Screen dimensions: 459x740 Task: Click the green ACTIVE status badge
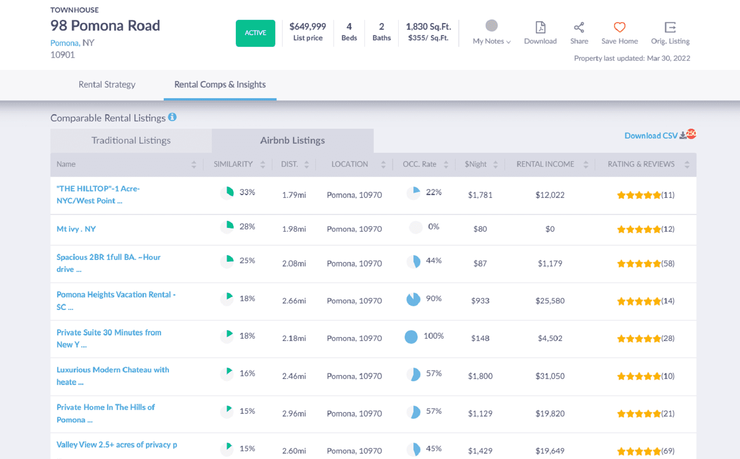tap(255, 33)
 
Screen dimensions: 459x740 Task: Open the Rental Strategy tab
tap(107, 84)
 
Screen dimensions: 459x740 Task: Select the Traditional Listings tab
tap(131, 140)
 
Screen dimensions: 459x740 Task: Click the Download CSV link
tap(651, 136)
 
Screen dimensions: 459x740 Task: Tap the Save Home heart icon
tap(619, 27)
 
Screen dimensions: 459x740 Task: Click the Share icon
tap(579, 28)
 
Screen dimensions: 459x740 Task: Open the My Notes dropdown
tap(491, 32)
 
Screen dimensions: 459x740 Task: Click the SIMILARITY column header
tap(233, 164)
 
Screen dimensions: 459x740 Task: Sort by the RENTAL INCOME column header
tap(545, 164)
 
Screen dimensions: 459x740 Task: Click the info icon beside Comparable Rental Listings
tap(172, 117)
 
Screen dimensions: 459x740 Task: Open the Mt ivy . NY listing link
tap(76, 229)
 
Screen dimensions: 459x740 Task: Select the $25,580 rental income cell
tap(550, 301)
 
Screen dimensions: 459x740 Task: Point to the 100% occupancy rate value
tap(433, 336)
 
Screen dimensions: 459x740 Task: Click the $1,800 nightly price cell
tap(480, 376)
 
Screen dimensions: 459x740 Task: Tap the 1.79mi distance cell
tap(294, 195)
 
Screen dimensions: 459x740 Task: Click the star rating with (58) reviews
tap(645, 264)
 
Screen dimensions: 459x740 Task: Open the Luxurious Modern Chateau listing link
tap(112, 370)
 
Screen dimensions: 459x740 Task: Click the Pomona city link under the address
tap(64, 43)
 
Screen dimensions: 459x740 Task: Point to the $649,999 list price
tap(308, 26)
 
